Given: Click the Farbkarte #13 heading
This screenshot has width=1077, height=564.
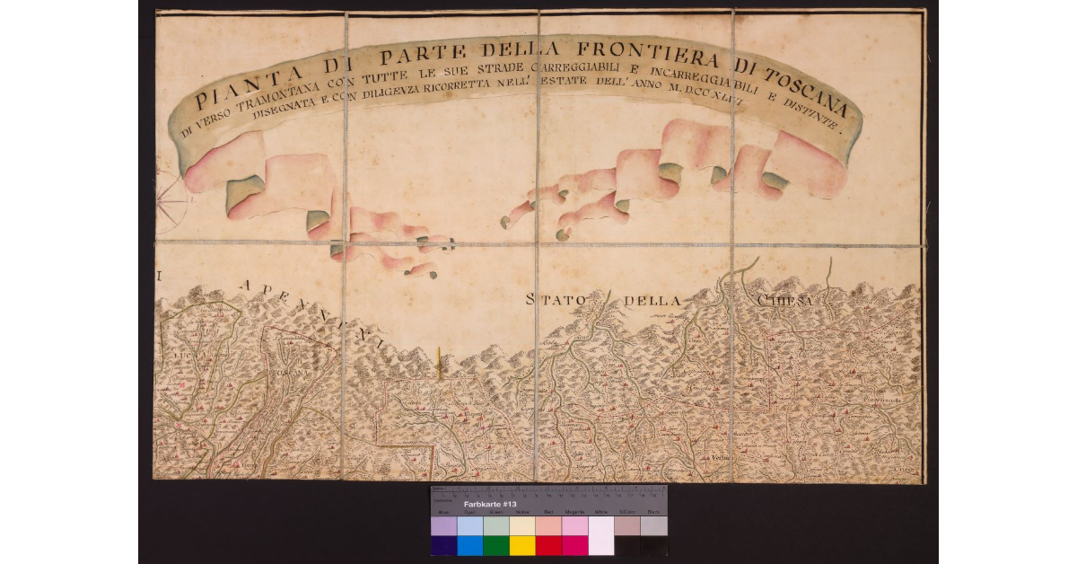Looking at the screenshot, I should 489,504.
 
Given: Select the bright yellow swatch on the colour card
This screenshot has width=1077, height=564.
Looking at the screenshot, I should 522,545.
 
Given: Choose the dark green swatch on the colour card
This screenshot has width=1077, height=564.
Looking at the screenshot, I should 496,545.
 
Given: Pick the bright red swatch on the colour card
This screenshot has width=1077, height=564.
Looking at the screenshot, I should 548,545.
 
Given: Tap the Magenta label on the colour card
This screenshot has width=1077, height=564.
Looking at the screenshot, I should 574,512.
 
